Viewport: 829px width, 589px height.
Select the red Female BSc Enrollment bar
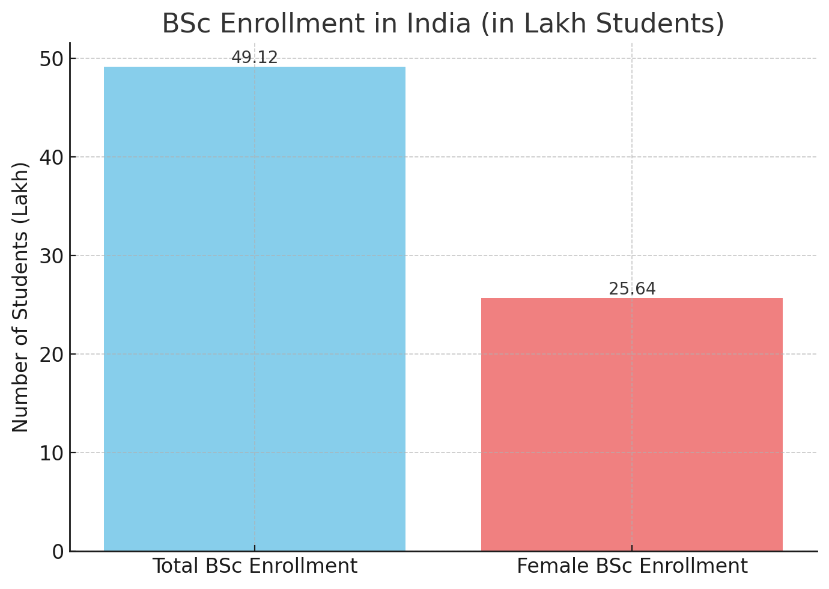tap(632, 424)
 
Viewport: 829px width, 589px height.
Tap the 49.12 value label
tap(255, 58)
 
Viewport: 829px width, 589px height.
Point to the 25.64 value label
tap(632, 289)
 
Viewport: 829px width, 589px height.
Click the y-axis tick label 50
tap(52, 59)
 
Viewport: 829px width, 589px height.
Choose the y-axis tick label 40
tap(52, 157)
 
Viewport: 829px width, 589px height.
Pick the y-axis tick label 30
tap(52, 256)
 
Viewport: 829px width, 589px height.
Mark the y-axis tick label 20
tap(52, 355)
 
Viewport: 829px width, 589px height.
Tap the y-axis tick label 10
tap(52, 453)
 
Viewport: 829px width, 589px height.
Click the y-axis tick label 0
tap(58, 552)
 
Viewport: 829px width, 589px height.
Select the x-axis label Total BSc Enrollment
tap(255, 566)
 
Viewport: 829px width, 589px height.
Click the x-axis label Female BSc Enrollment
tap(632, 566)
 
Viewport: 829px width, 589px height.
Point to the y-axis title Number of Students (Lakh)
tap(20, 297)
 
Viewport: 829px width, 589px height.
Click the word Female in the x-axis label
tap(544, 566)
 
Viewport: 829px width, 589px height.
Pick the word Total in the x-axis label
tap(175, 566)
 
